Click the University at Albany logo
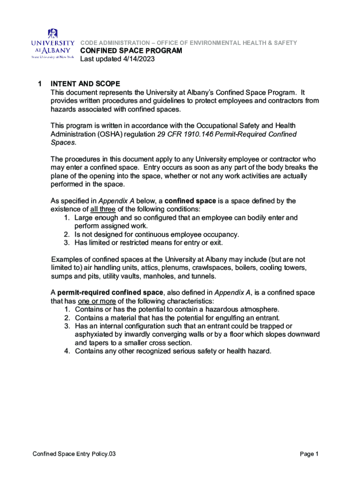pos(52,44)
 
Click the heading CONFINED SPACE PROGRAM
pos(131,51)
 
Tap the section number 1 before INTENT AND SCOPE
pos(40,84)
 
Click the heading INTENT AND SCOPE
pos(86,84)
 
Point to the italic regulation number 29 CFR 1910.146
pos(187,134)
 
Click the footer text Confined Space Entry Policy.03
pos(74,454)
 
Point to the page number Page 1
pos(309,454)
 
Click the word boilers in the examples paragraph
pos(244,268)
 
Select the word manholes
pos(182,276)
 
